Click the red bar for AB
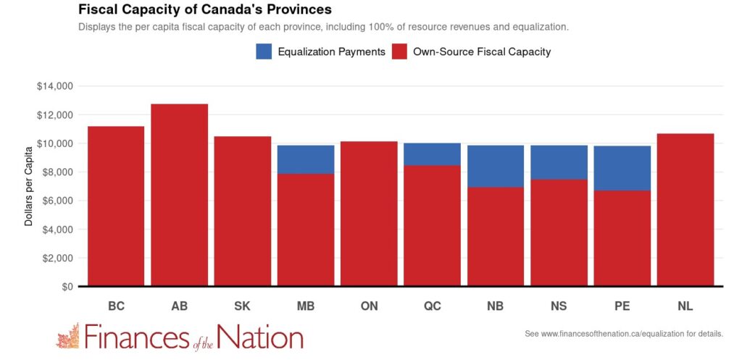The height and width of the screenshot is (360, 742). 179,195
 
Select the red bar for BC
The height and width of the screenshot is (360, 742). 116,206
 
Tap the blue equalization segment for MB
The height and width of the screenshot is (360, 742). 306,159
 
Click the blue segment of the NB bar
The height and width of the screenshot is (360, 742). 496,166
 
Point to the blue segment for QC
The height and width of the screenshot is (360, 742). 432,154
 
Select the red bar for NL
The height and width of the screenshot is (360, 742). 685,209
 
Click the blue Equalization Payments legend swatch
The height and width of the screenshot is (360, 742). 263,51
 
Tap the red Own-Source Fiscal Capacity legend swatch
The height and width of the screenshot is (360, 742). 399,51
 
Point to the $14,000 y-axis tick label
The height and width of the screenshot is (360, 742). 55,86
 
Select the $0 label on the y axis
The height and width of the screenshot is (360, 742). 67,287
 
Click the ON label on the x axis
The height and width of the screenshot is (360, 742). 369,306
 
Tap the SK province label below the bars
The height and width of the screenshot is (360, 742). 243,306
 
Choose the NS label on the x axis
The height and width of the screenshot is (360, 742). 559,306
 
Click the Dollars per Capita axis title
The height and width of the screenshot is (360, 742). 29,186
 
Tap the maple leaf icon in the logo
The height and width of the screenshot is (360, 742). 67,337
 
